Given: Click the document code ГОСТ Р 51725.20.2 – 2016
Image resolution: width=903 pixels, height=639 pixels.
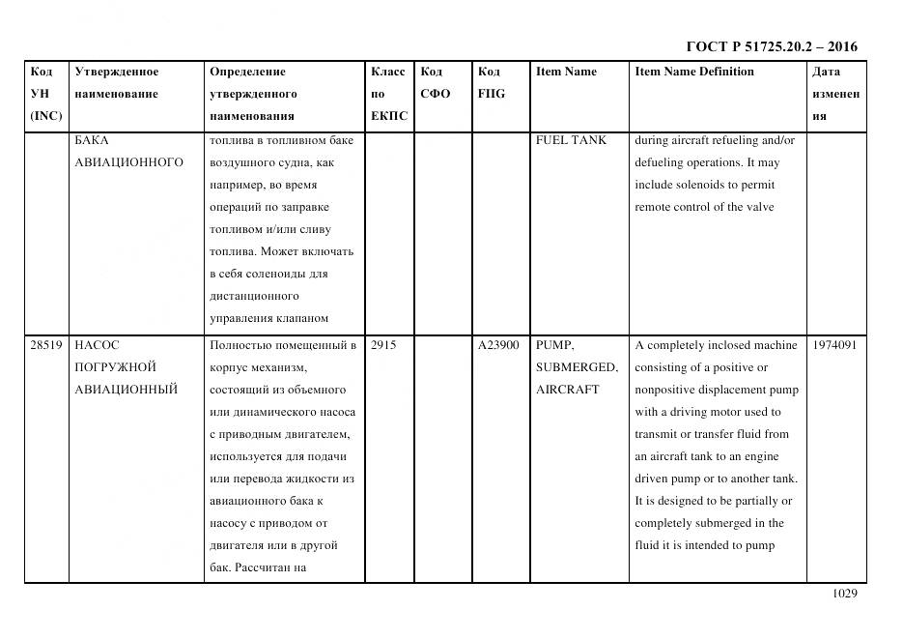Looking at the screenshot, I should [x=771, y=46].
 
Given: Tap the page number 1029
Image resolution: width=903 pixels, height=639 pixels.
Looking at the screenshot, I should [x=843, y=594].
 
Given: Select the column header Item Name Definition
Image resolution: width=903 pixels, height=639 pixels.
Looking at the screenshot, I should [x=693, y=72].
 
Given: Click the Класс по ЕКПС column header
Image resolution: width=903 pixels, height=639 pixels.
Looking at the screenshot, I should [x=388, y=94].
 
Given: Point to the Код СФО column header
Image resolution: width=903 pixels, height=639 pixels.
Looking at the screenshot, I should [x=435, y=83].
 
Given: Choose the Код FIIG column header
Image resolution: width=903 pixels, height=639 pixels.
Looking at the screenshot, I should [x=491, y=83].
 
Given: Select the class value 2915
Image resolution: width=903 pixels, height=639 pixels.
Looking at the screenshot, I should [x=383, y=345].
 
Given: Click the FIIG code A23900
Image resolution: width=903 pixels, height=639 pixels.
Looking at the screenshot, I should [x=498, y=345].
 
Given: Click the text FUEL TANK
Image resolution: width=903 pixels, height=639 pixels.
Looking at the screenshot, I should [x=571, y=140].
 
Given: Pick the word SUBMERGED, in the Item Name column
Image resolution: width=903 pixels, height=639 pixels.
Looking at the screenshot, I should [x=577, y=367].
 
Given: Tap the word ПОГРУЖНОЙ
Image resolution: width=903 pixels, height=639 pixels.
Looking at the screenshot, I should [x=115, y=367].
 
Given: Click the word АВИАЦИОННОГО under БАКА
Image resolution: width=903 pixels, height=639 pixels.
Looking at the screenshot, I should [x=128, y=162].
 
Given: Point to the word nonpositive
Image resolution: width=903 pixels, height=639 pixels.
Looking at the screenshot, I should [x=668, y=390].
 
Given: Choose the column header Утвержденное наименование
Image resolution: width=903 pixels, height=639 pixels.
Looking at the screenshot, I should [x=117, y=83].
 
